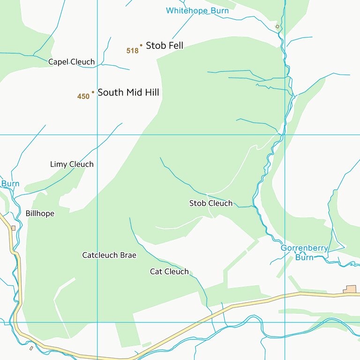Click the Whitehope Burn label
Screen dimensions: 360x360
(197, 10)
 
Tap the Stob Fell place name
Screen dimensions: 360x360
(165, 45)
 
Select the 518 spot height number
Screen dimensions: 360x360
(133, 51)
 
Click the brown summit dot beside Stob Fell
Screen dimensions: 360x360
(141, 45)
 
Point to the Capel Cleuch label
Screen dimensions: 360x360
(71, 62)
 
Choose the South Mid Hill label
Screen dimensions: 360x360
(128, 92)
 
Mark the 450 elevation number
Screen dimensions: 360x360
(83, 97)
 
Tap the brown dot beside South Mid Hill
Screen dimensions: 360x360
(93, 92)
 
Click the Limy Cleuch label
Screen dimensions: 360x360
(72, 164)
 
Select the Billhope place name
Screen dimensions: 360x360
(40, 213)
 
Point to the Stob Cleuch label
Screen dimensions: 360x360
(210, 203)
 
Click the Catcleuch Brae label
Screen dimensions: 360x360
(109, 255)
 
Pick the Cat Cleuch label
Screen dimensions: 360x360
(169, 271)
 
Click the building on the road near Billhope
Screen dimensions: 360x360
(13, 228)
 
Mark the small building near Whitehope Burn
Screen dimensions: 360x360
(277, 27)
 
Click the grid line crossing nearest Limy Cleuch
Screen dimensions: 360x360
(97, 135)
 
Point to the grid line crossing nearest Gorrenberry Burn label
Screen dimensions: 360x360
(285, 322)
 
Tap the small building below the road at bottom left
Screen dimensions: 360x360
(31, 348)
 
